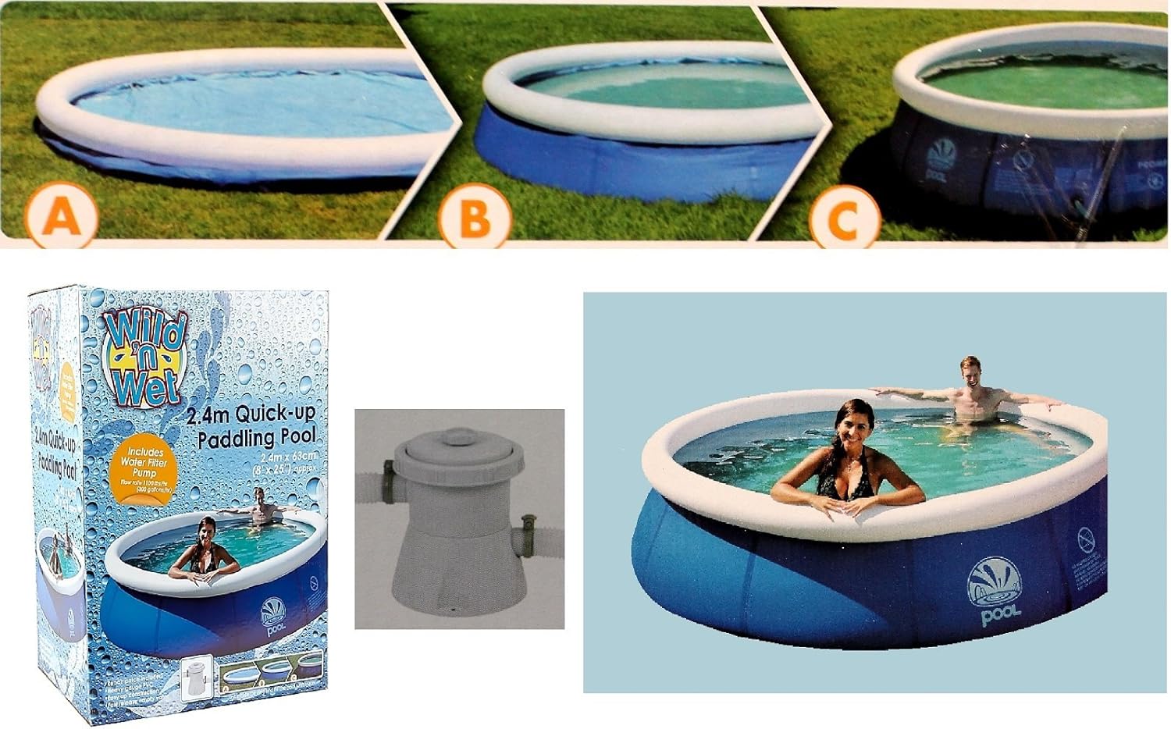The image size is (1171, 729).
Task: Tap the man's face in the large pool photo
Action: (x=970, y=377)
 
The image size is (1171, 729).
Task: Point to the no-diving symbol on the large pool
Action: (x=1086, y=540)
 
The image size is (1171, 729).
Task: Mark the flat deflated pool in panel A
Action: (x=234, y=117)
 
